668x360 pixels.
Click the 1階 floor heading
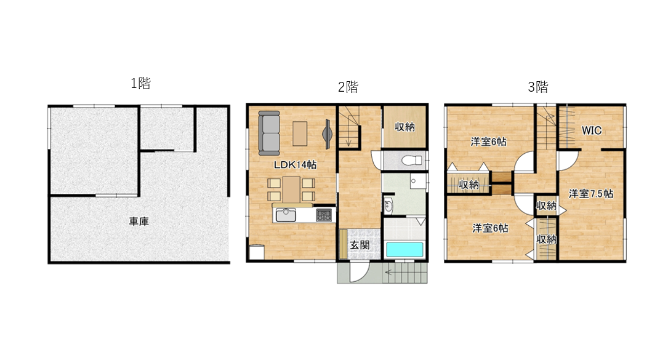(x=140, y=83)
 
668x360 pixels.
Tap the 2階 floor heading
(x=348, y=87)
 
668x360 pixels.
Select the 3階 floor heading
(x=538, y=87)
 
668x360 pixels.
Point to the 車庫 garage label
(x=139, y=222)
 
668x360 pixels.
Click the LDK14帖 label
(x=295, y=165)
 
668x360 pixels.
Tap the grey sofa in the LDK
(x=269, y=134)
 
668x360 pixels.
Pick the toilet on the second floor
(x=411, y=161)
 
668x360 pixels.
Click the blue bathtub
(x=404, y=250)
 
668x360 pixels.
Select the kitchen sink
(x=286, y=215)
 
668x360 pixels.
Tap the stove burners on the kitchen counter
(x=324, y=215)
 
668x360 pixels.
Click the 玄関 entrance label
(x=360, y=245)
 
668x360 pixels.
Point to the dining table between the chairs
(x=291, y=190)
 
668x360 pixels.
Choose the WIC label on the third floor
(x=592, y=130)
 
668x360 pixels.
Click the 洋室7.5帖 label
(x=591, y=194)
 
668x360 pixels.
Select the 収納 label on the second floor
(x=404, y=127)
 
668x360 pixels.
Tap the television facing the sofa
(x=327, y=134)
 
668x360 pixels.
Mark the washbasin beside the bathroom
(x=388, y=207)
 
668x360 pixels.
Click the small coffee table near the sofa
(x=300, y=134)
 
